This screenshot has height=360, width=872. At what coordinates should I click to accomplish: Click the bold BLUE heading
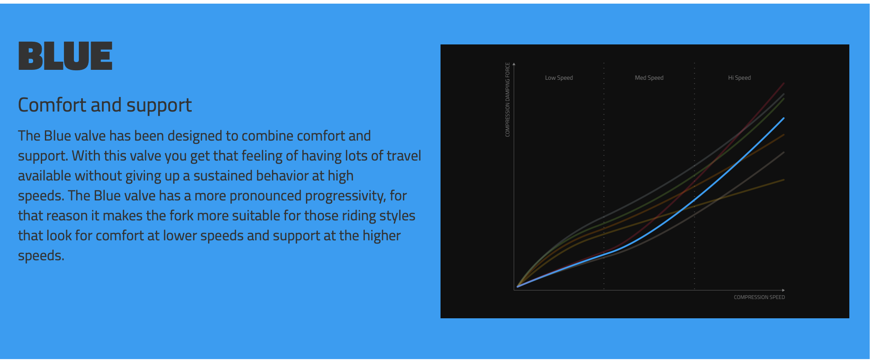click(65, 56)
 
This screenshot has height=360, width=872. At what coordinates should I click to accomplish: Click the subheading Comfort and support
click(105, 105)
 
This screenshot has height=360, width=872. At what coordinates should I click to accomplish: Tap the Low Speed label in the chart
click(559, 78)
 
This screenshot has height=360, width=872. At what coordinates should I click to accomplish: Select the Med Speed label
click(649, 78)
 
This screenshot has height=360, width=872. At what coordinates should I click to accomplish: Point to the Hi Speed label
click(739, 78)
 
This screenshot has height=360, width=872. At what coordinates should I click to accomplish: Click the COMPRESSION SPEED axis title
click(759, 297)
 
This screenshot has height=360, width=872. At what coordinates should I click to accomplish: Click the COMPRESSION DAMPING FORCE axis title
click(508, 99)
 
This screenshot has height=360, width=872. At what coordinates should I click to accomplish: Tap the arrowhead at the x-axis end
click(783, 290)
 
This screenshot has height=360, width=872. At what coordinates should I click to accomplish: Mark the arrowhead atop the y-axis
click(514, 64)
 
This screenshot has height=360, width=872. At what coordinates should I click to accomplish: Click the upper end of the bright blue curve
click(784, 118)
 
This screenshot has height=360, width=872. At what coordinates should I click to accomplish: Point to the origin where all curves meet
click(518, 287)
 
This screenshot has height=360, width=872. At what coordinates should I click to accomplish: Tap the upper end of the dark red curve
click(784, 83)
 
